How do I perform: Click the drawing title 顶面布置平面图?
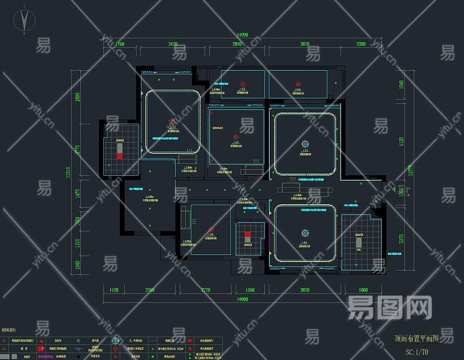pyautogui.click(x=417, y=338)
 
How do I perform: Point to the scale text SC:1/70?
pyautogui.click(x=417, y=352)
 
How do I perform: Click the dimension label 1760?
pyautogui.click(x=119, y=44)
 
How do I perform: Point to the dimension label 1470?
pyautogui.click(x=77, y=193)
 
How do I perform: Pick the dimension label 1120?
pyautogui.click(x=114, y=290)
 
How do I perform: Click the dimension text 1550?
pyautogui.click(x=250, y=290)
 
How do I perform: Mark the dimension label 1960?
pyautogui.click(x=363, y=290)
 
